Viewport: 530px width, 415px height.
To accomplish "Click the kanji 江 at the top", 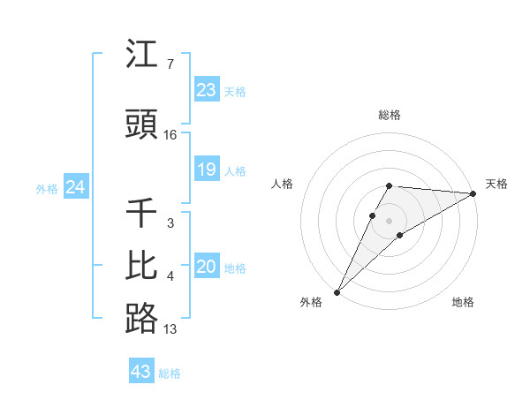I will [142, 55].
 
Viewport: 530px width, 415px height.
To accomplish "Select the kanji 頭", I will [142, 125].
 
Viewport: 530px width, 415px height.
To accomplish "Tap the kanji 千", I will [142, 214].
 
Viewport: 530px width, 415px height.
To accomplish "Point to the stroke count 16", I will [170, 135].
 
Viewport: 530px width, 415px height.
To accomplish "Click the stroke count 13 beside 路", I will [170, 329].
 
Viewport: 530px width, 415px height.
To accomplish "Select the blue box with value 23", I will [207, 90].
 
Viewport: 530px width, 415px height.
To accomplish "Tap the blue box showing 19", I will [207, 170].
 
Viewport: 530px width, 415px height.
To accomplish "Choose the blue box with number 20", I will [207, 268].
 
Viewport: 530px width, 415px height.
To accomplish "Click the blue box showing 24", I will [75, 188].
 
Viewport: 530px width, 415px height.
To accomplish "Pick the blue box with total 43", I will [140, 372].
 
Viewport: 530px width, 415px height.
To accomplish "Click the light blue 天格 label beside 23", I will [234, 92].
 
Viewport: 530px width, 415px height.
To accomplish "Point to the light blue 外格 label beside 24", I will [47, 189].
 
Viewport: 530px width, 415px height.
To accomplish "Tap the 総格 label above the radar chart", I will [390, 115].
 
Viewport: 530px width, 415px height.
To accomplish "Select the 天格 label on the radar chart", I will [496, 184].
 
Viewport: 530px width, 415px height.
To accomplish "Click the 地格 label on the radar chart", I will [463, 302].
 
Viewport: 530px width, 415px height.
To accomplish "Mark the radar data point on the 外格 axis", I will [337, 292].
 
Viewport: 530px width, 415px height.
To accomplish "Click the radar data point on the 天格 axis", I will [473, 193].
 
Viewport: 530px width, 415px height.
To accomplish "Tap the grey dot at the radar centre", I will [390, 221].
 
